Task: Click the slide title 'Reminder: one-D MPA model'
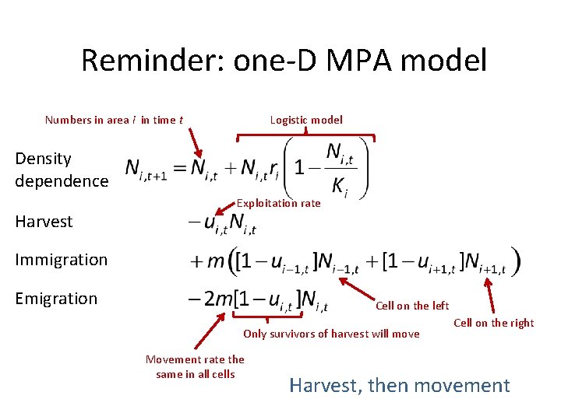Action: click(x=284, y=60)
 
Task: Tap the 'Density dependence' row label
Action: click(x=62, y=170)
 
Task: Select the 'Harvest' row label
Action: click(x=44, y=222)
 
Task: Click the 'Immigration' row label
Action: click(x=61, y=260)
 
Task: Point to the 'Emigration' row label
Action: click(x=56, y=299)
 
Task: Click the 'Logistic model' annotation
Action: click(x=306, y=120)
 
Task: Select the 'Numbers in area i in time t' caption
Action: click(x=114, y=120)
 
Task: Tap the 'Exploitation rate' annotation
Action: click(x=278, y=203)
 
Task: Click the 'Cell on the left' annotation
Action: click(x=412, y=306)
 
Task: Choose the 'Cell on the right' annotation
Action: click(x=493, y=323)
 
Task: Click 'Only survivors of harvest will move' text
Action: click(x=331, y=334)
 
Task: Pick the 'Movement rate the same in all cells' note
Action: click(x=195, y=366)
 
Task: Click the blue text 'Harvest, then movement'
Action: click(x=400, y=385)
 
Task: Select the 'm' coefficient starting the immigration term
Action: click(x=214, y=262)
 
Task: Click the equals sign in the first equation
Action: click(x=179, y=169)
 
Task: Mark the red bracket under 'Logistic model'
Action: click(x=306, y=137)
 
